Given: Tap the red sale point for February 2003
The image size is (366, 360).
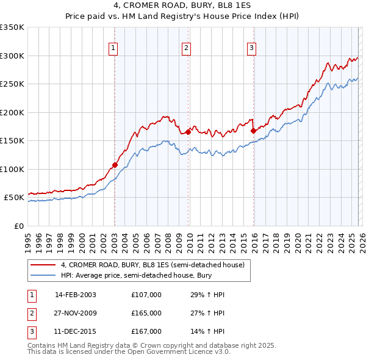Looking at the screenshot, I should pos(115,165).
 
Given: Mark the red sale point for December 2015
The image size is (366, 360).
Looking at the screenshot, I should pos(253,130).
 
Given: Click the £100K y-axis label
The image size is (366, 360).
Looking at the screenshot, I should pos(12,169).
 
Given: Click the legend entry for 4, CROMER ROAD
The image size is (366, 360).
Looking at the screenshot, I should pos(152,265).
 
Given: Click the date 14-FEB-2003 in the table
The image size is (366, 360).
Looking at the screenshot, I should pos(75,295).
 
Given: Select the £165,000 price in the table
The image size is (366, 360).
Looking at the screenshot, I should pos(146,313).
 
